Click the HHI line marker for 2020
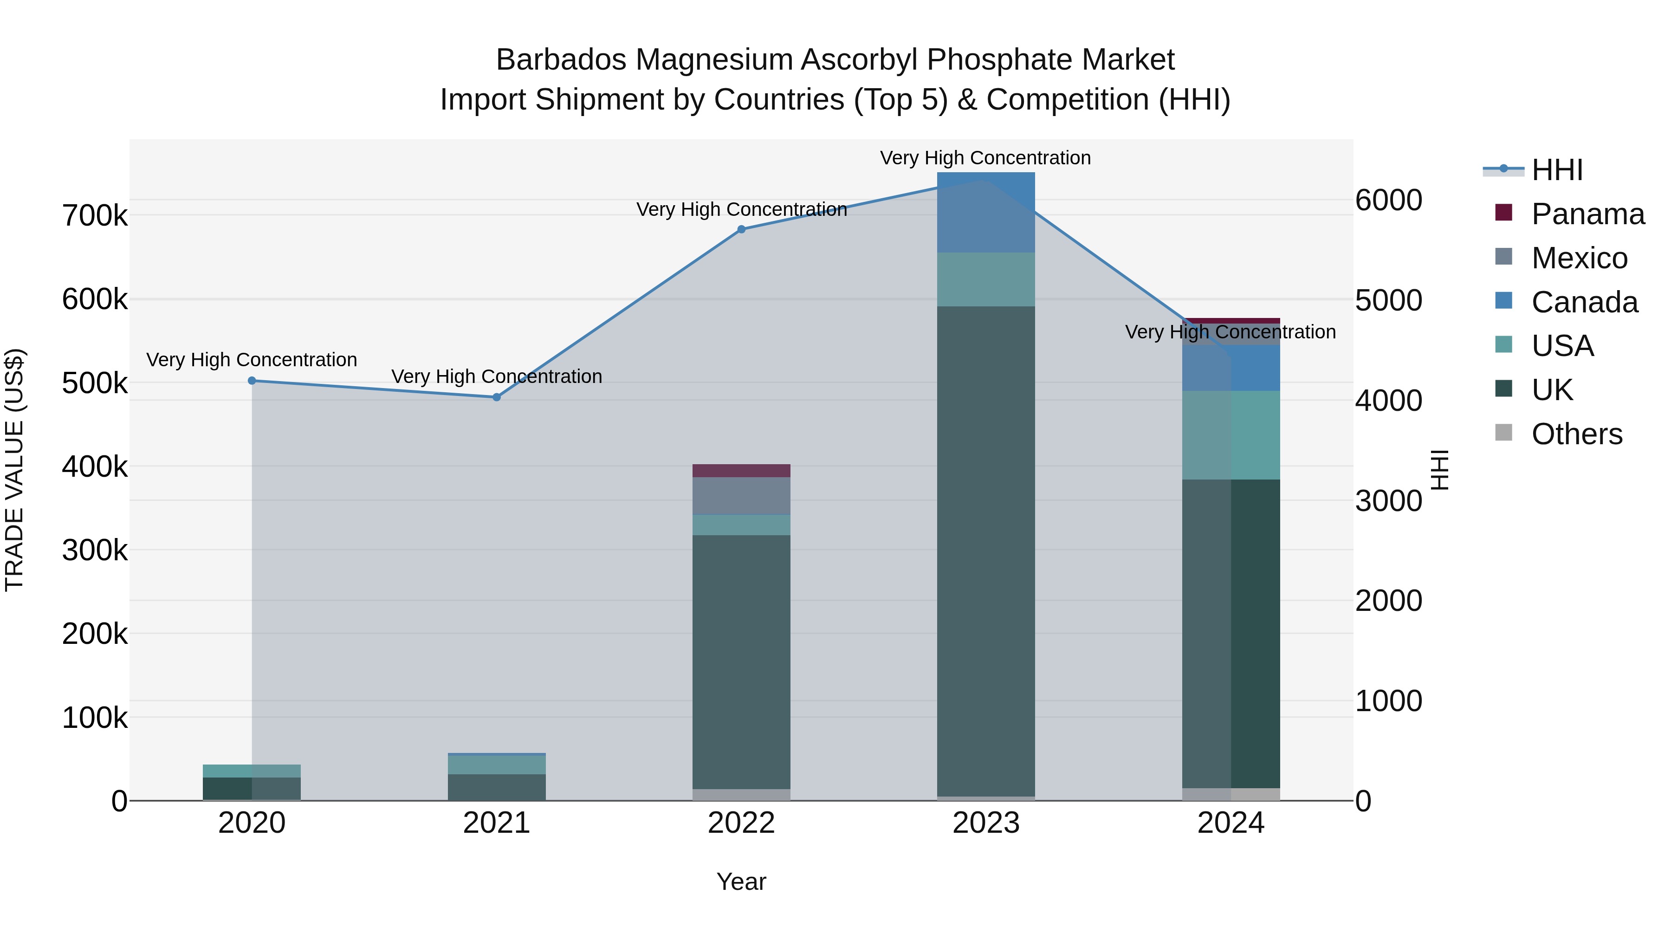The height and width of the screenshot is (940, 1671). tap(252, 381)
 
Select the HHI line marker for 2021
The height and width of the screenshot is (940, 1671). tap(497, 397)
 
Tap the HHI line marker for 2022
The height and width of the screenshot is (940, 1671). tap(741, 229)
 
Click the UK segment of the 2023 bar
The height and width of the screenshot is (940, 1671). tap(986, 551)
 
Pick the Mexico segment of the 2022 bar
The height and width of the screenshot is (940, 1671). tap(741, 496)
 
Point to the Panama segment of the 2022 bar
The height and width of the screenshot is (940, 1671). tap(741, 470)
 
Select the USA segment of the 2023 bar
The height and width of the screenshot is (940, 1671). tap(986, 279)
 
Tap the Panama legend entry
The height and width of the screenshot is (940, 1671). tap(1587, 214)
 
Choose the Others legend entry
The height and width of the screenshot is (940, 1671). tap(1576, 434)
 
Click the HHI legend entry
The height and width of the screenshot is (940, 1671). tap(1557, 170)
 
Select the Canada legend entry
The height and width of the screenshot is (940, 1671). tap(1584, 302)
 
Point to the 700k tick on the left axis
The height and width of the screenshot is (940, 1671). tap(95, 215)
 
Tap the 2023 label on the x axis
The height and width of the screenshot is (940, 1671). tap(986, 823)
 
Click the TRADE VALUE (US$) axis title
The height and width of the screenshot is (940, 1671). tap(14, 470)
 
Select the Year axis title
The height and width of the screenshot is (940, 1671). tap(741, 882)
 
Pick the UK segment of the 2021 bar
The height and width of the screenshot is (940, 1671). tap(497, 787)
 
